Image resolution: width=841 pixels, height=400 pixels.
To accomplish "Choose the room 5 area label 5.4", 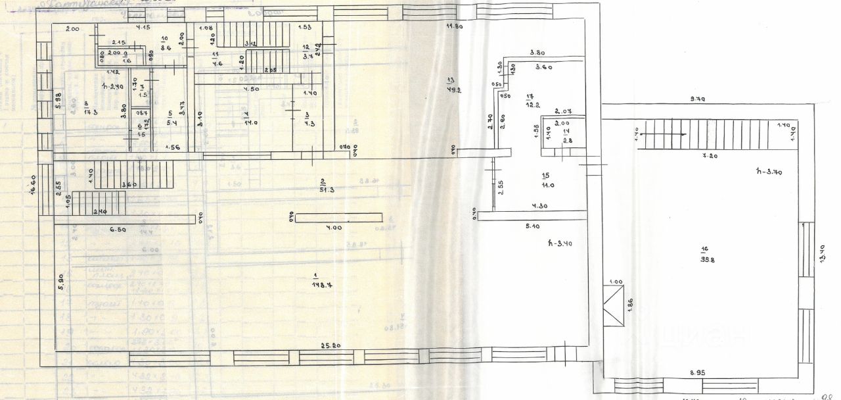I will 170,122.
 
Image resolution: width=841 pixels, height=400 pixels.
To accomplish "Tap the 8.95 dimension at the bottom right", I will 698,372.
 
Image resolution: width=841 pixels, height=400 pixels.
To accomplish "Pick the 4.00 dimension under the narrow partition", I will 335,228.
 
